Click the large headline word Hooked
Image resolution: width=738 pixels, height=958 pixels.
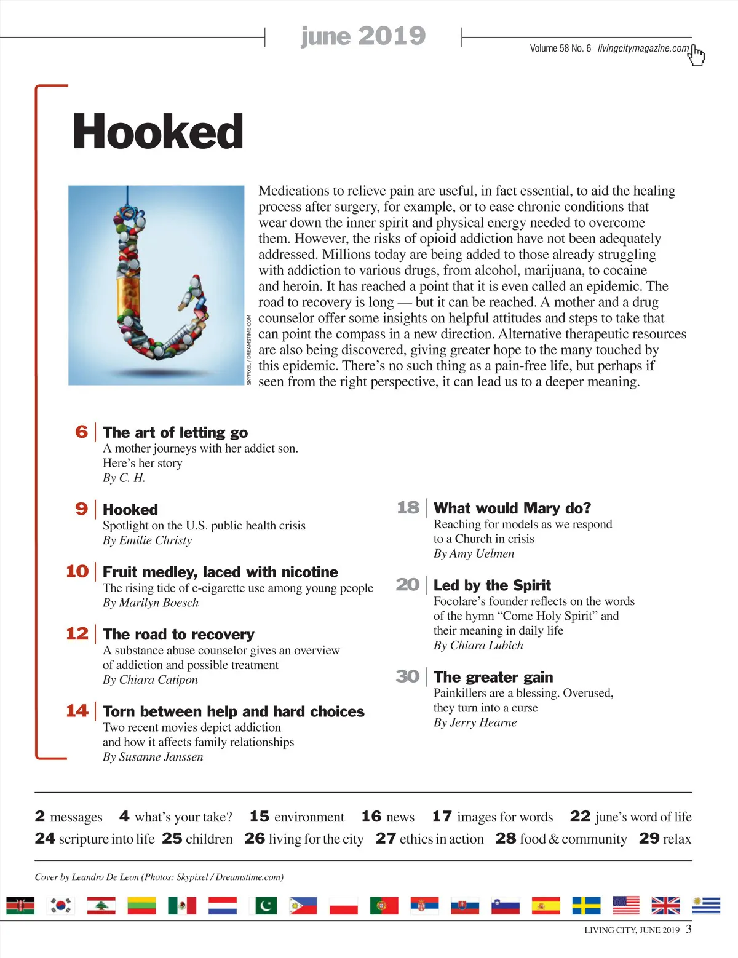tap(158, 132)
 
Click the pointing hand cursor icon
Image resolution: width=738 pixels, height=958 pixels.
tap(696, 55)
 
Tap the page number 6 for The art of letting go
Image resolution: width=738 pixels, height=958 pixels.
tap(82, 432)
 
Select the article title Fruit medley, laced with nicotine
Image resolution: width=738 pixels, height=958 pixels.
tap(220, 572)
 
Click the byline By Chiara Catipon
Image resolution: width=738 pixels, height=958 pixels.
tap(150, 679)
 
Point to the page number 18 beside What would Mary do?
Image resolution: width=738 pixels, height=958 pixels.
tap(408, 507)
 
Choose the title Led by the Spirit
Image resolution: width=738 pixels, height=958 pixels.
tap(492, 585)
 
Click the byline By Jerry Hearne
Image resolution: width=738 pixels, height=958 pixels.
tap(475, 722)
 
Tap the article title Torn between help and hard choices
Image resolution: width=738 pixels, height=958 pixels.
tap(234, 711)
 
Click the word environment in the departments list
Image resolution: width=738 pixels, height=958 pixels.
tap(309, 817)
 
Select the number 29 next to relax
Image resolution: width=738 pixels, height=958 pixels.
tap(649, 839)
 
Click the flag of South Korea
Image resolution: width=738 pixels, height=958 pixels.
tap(61, 905)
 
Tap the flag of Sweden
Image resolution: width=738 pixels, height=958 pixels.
tap(586, 905)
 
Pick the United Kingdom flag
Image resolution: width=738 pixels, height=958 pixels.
tap(665, 905)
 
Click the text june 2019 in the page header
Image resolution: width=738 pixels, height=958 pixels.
tap(363, 36)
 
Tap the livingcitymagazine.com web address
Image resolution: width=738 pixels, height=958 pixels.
tap(643, 49)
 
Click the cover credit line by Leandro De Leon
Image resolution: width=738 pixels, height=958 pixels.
tap(159, 877)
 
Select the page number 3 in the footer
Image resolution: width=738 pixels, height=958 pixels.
tap(689, 929)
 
